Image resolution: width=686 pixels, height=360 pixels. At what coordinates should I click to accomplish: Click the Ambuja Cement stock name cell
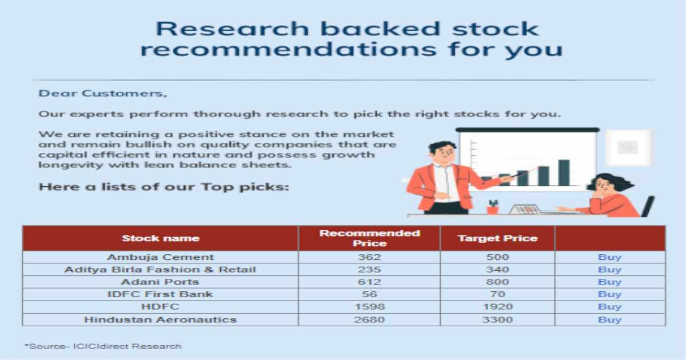pos(160,257)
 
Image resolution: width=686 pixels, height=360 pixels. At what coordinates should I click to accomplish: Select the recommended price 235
pos(369,270)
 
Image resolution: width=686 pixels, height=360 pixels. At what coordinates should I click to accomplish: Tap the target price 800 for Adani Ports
pos(497,282)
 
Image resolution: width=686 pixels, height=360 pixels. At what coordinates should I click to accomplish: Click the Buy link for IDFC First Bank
pos(610,294)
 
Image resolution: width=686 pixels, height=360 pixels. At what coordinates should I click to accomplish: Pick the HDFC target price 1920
pos(497,307)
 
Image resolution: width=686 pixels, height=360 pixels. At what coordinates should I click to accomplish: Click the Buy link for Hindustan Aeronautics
pos(610,319)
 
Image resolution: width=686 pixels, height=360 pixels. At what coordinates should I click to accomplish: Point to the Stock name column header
pos(161,238)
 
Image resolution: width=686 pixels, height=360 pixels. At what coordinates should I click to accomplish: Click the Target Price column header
pos(497,238)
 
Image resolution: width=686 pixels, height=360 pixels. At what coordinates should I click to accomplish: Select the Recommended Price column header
pos(370,238)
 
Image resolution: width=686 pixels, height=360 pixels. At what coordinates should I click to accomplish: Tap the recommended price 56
pos(369,294)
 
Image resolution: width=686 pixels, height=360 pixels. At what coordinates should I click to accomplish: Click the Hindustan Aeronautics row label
pos(160,319)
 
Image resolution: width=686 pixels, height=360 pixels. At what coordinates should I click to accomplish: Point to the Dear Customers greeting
pos(102,93)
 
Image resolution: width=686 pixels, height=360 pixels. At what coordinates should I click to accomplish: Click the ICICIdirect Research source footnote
pos(103,346)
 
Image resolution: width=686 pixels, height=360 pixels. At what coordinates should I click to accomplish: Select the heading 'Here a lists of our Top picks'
pos(164,187)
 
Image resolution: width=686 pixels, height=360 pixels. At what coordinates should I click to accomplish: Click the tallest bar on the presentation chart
pos(564,173)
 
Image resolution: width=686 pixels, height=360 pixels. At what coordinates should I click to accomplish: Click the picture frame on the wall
pos(628,148)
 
